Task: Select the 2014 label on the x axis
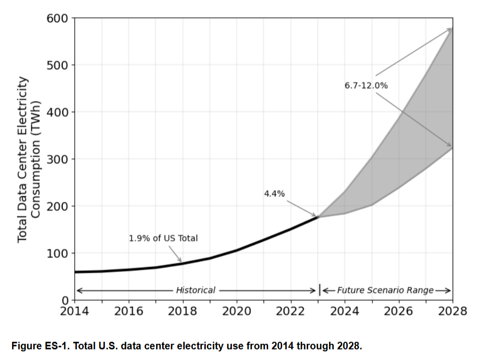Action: pyautogui.click(x=75, y=311)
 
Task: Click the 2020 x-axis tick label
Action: pyautogui.click(x=236, y=311)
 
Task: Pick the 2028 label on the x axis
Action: pyautogui.click(x=452, y=311)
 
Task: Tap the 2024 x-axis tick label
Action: pyautogui.click(x=345, y=311)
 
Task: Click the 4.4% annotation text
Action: pyautogui.click(x=274, y=193)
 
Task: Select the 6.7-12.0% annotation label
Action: pyautogui.click(x=366, y=85)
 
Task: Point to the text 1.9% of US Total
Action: pyautogui.click(x=163, y=238)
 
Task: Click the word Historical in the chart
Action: pyautogui.click(x=195, y=290)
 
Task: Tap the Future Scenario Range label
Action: pyautogui.click(x=385, y=290)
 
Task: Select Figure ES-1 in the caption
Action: pyautogui.click(x=38, y=346)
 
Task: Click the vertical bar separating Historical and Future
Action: pyautogui.click(x=320, y=290)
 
